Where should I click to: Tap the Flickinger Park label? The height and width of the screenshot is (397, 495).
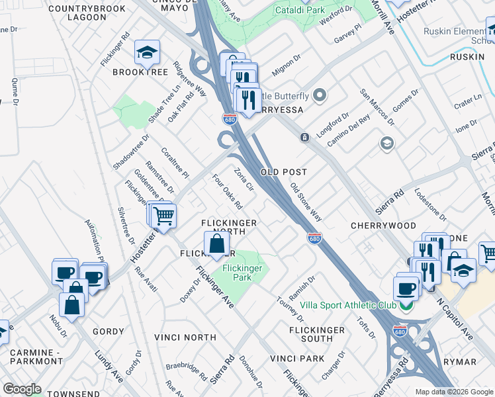243,273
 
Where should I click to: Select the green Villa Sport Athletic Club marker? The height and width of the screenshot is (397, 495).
405,305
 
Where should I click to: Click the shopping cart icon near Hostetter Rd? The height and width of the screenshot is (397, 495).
163,216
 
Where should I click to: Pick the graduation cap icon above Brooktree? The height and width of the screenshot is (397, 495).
148,52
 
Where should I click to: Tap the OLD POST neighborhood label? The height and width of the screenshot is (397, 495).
283,172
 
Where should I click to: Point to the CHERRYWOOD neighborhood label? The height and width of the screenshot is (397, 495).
383,226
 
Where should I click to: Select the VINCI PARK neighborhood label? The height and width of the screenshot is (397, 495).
297,359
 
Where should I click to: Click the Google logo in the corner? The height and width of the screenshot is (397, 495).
22,389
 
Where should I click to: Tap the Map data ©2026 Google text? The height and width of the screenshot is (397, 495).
453,392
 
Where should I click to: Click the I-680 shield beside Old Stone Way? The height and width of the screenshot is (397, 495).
314,237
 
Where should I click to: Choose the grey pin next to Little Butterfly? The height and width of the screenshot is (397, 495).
321,96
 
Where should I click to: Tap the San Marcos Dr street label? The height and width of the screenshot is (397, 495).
377,107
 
